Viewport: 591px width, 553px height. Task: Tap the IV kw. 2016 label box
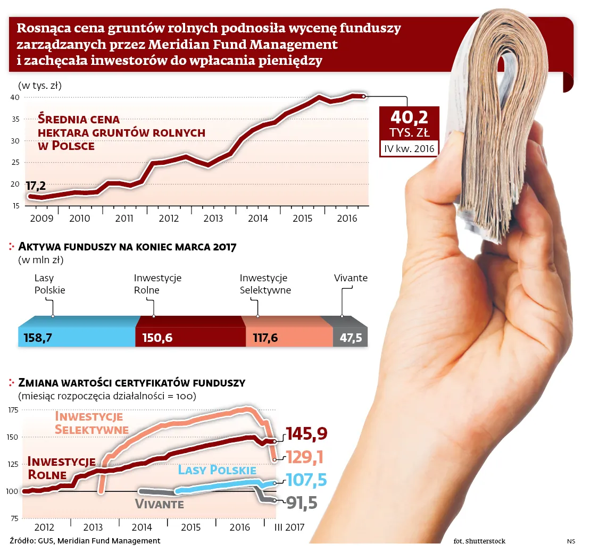(409, 148)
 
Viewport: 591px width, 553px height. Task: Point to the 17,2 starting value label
(36, 186)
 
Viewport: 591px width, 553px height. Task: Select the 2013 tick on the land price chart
(213, 218)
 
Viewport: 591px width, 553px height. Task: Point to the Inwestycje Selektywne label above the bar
(265, 284)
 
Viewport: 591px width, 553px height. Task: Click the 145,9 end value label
(306, 434)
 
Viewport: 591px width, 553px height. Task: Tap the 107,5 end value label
(306, 480)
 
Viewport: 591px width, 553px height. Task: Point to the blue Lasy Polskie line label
(217, 470)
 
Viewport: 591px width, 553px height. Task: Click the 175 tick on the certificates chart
(14, 410)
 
